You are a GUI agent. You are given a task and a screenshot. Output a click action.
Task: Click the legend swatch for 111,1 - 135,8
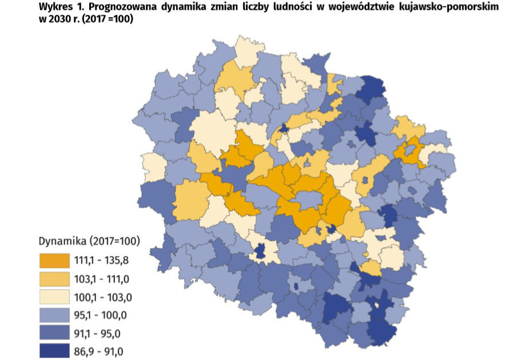(53, 260)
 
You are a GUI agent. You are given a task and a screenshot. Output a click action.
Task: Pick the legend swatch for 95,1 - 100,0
(53, 315)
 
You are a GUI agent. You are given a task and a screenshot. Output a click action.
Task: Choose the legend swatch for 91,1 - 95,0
(53, 333)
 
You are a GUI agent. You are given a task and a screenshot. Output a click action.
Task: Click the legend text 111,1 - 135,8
(101, 260)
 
